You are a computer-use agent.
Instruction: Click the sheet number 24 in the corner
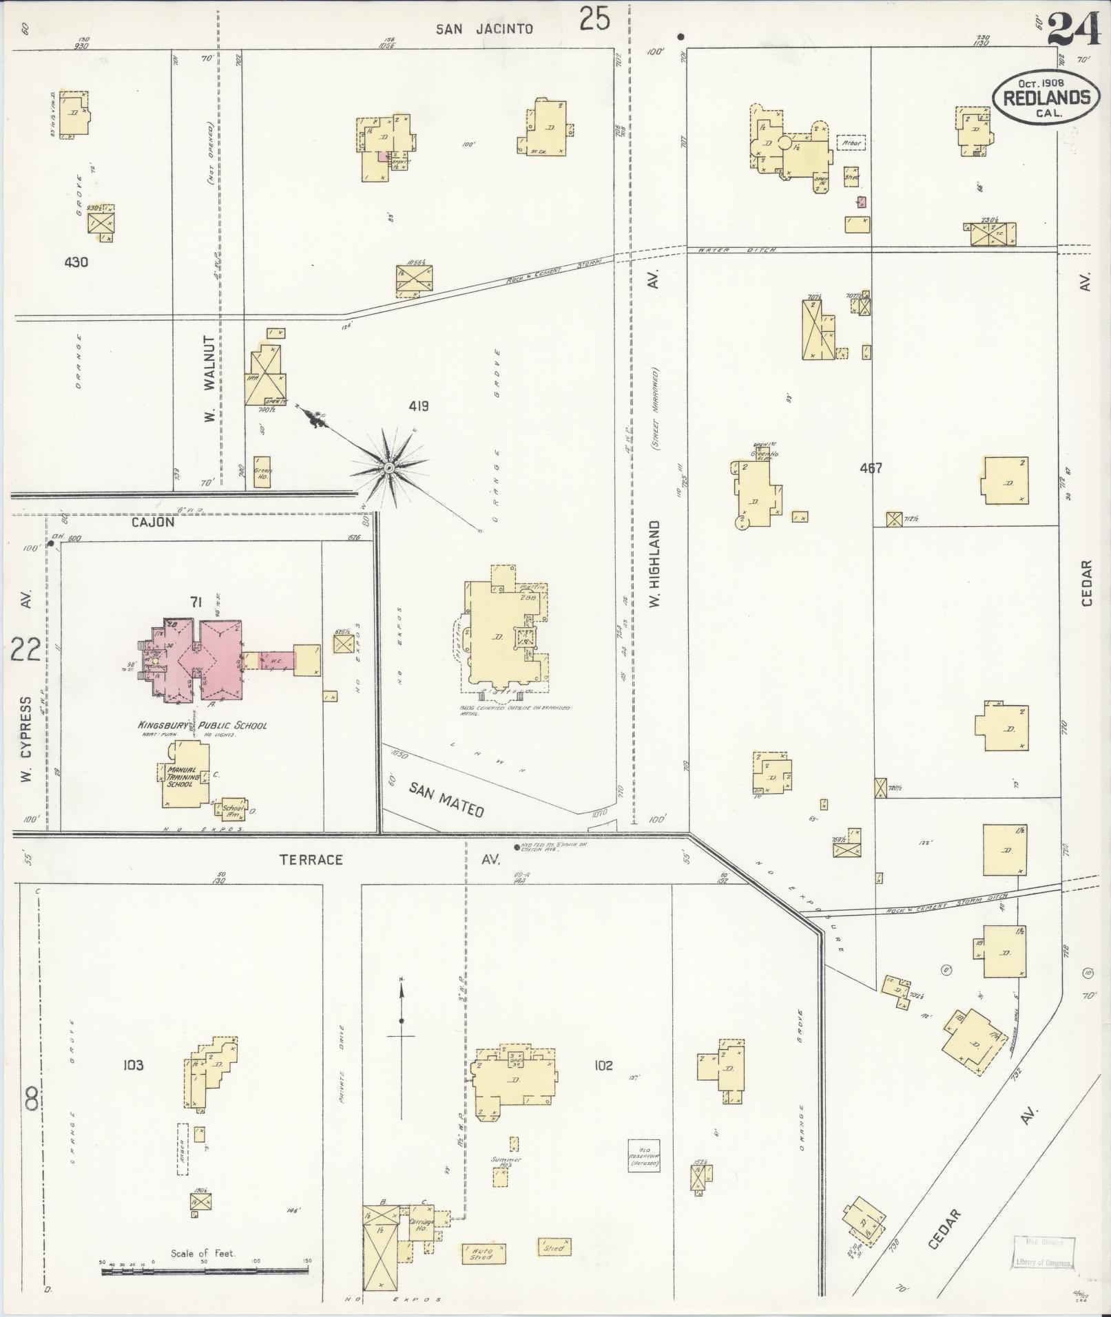click(x=1075, y=30)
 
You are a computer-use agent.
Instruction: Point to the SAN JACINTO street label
click(x=485, y=29)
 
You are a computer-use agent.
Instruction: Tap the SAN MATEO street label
click(x=446, y=799)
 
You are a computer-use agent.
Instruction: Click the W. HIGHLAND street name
click(x=654, y=563)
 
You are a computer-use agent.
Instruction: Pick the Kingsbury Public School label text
click(x=202, y=725)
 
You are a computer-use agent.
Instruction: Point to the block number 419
click(x=419, y=406)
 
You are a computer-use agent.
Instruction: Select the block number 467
click(x=871, y=468)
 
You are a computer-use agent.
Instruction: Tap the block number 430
click(x=76, y=262)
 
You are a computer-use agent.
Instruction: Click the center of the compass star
click(x=388, y=468)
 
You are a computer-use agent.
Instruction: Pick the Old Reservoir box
click(x=644, y=1155)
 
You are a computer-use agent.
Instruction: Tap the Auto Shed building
click(x=484, y=1252)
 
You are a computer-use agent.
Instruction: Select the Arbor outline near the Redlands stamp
click(x=851, y=143)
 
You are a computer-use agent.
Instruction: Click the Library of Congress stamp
click(x=1043, y=1253)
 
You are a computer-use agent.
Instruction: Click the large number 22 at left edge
click(x=25, y=649)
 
